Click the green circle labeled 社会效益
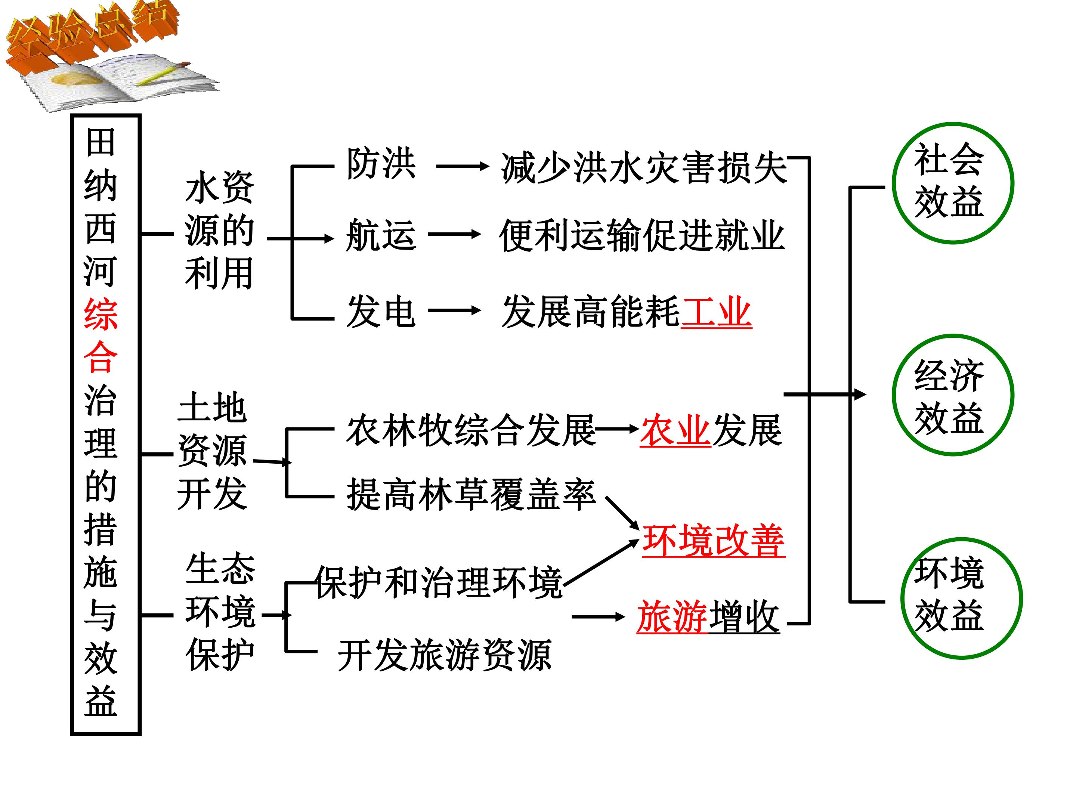click(x=894, y=183)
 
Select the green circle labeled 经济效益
click(x=894, y=395)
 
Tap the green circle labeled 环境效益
click(x=902, y=598)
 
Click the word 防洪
click(x=381, y=164)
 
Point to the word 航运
click(x=381, y=235)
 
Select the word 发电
click(x=381, y=311)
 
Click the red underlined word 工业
click(x=716, y=312)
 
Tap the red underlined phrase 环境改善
click(x=713, y=541)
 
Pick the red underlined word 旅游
click(x=672, y=617)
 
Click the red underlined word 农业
click(x=675, y=430)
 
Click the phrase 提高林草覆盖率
click(x=471, y=495)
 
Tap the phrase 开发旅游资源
click(x=445, y=655)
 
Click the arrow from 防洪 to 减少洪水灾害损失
click(x=463, y=166)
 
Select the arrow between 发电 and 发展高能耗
click(x=454, y=310)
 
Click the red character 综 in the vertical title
click(x=101, y=315)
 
